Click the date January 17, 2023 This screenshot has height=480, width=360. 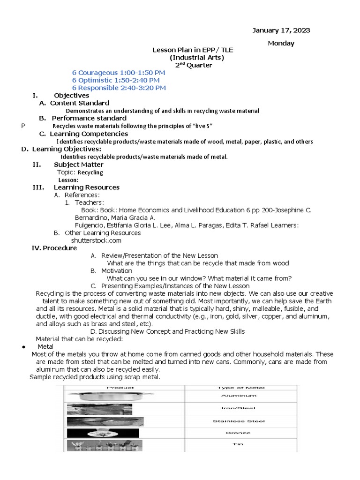click(281, 30)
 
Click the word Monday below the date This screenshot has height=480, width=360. click(281, 43)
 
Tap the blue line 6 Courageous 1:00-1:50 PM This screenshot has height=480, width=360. click(118, 73)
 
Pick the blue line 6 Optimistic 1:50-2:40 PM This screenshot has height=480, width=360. click(118, 80)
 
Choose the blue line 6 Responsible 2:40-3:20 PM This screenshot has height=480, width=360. click(118, 88)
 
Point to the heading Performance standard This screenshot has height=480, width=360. click(89, 118)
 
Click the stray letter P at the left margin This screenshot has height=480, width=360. click(23, 126)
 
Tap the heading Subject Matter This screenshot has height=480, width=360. click(78, 165)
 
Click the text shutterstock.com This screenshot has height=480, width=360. click(96, 240)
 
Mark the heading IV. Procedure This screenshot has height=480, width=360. click(54, 248)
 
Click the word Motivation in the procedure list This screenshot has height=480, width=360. click(117, 271)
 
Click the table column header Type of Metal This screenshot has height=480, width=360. click(241, 388)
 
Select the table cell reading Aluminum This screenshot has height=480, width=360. click(241, 396)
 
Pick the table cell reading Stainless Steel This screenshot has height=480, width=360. click(241, 421)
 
